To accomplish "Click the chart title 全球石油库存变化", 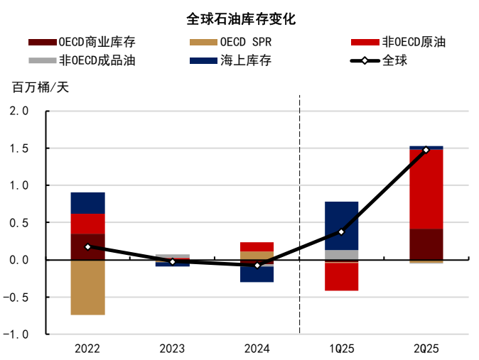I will [239, 19].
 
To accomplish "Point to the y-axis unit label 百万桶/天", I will [41, 88].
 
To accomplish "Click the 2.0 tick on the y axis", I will [19, 111].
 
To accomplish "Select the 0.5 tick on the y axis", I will [19, 223].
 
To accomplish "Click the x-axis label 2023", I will [172, 349].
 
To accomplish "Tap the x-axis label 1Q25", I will [341, 349].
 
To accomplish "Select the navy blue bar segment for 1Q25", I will [341, 225].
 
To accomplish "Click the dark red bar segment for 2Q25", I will [426, 244].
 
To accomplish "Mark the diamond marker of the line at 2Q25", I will [426, 150].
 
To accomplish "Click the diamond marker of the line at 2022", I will [87, 246].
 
